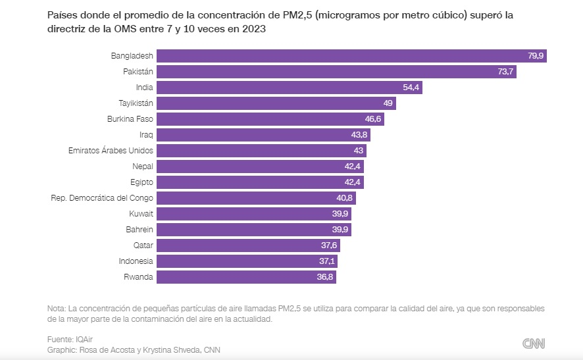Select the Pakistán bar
[x=336, y=72]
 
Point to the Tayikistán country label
[x=136, y=103]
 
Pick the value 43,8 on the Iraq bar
[x=359, y=135]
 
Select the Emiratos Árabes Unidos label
[x=111, y=151]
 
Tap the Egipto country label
[x=141, y=182]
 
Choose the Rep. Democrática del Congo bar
[x=255, y=198]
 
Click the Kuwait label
[x=141, y=214]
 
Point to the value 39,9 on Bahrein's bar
[x=340, y=230]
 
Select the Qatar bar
[x=247, y=245]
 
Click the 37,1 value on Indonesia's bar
[x=326, y=261]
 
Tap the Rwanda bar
[x=245, y=277]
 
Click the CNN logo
[x=534, y=344]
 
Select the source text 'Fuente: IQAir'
[x=70, y=339]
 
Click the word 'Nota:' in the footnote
[x=57, y=309]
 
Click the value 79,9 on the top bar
[x=536, y=56]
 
